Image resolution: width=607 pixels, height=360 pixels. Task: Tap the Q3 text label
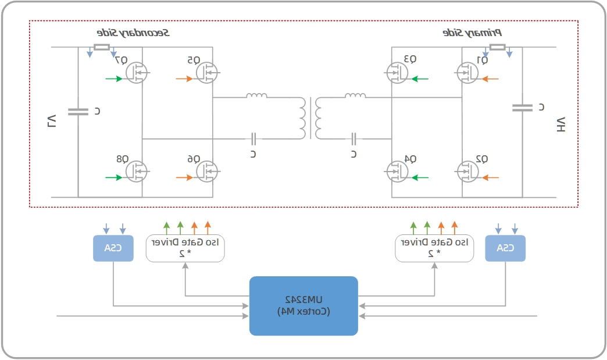pyautogui.click(x=409, y=59)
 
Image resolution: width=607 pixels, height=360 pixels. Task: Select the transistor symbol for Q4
pyautogui.click(x=397, y=171)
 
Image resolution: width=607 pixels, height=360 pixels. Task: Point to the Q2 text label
pyautogui.click(x=481, y=159)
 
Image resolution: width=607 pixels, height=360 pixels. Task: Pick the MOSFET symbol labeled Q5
pyautogui.click(x=206, y=73)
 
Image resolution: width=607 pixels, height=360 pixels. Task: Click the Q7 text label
pyautogui.click(x=121, y=60)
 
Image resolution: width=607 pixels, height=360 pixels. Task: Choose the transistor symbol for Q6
pyautogui.click(x=206, y=171)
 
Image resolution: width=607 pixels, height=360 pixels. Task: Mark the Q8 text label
pyautogui.click(x=122, y=159)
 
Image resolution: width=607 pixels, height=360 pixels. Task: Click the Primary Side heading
pyautogui.click(x=472, y=33)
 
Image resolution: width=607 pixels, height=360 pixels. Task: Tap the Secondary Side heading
pyautogui.click(x=133, y=33)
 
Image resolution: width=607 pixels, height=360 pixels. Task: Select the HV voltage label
pyautogui.click(x=560, y=124)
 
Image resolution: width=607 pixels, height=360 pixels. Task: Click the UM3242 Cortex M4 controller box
pyautogui.click(x=303, y=306)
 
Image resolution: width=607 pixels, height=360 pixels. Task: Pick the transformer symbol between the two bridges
pyautogui.click(x=310, y=117)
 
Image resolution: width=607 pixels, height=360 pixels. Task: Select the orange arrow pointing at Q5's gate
pyautogui.click(x=184, y=79)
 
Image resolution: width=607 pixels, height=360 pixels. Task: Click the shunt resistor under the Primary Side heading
pyautogui.click(x=497, y=47)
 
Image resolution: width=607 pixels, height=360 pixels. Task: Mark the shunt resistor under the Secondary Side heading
pyautogui.click(x=102, y=47)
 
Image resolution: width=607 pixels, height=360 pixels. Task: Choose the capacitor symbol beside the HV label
pyautogui.click(x=522, y=108)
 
